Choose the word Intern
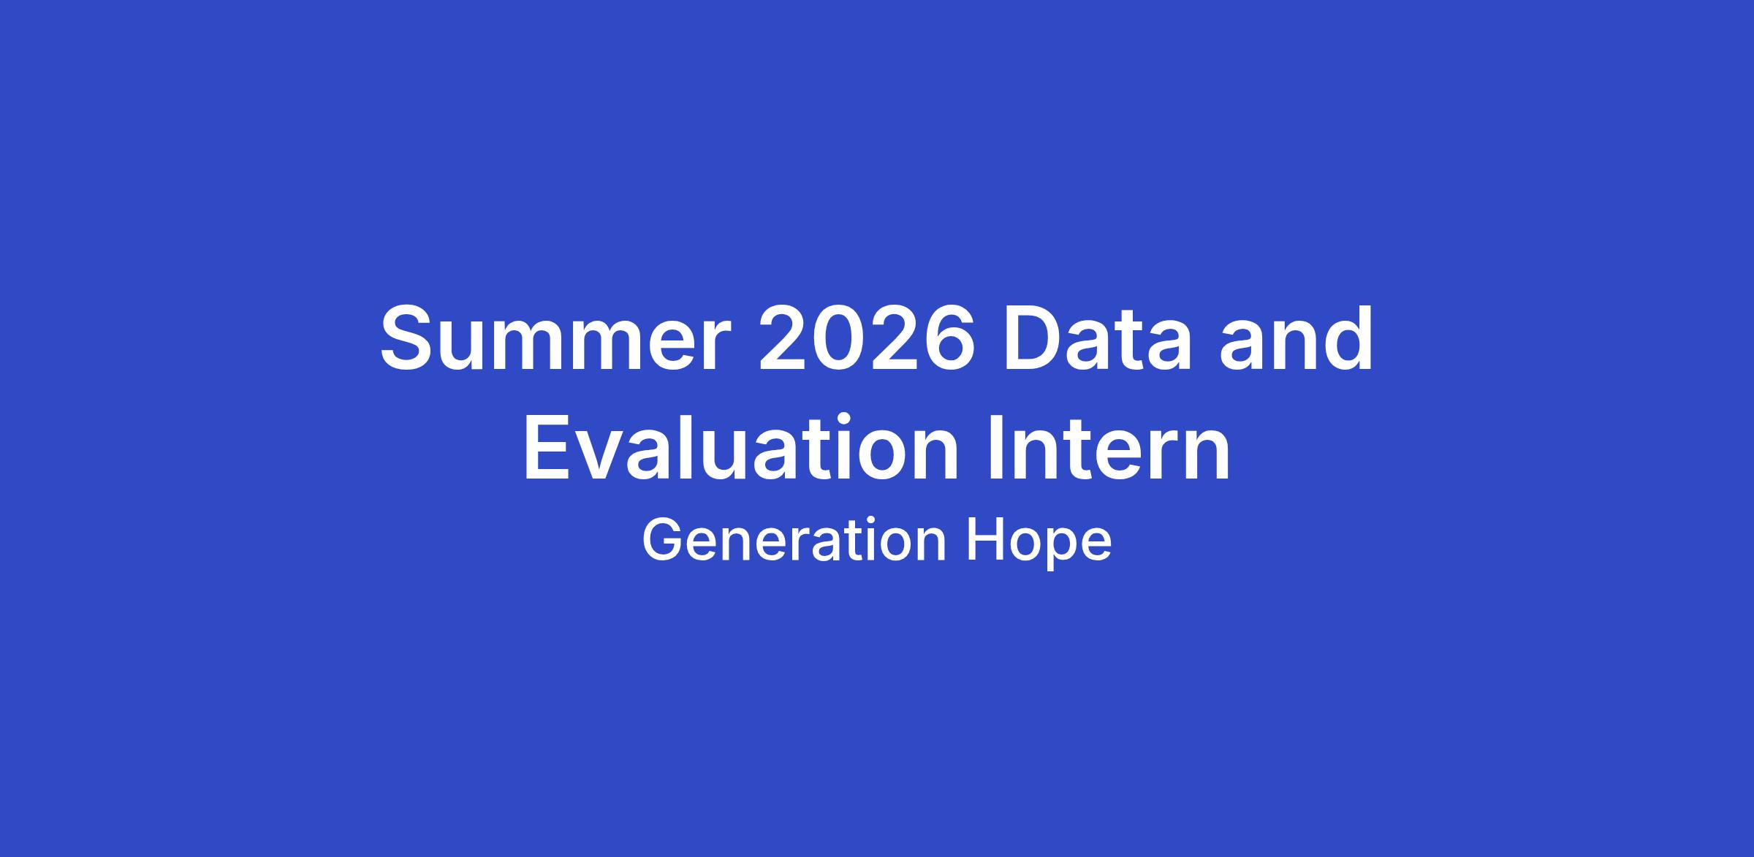[1109, 448]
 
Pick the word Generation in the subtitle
[794, 541]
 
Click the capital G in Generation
[661, 540]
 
